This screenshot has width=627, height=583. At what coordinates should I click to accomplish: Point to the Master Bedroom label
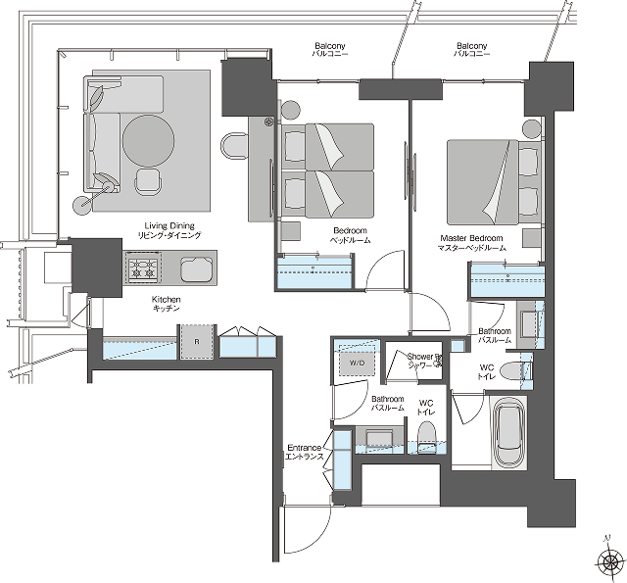tap(473, 244)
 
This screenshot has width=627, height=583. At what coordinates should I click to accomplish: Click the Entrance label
tap(305, 452)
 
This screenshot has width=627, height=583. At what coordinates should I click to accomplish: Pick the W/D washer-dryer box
tap(356, 363)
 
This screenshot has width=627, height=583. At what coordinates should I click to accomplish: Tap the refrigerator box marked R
tap(199, 342)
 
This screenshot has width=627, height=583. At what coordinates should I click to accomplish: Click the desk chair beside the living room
tap(236, 146)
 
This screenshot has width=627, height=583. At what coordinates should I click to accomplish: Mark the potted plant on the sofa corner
tap(98, 95)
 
